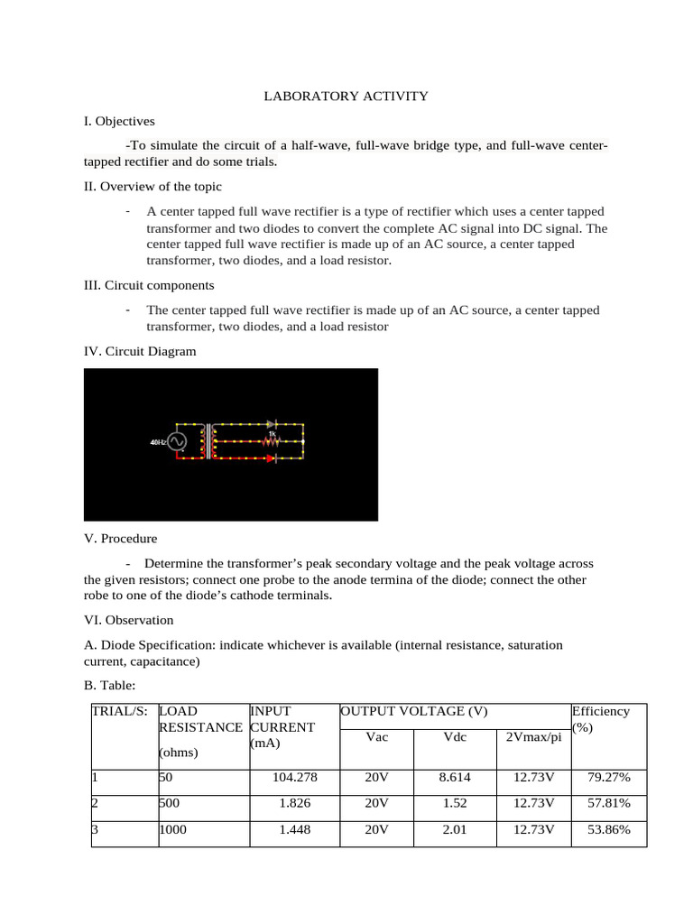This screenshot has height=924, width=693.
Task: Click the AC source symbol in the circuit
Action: (175, 442)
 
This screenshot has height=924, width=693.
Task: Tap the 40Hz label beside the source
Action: (157, 442)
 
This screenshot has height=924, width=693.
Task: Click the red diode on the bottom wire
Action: (270, 457)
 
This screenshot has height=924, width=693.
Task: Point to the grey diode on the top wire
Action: (270, 422)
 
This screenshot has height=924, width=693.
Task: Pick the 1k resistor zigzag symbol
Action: (271, 441)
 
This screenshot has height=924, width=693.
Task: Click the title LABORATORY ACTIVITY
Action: (346, 96)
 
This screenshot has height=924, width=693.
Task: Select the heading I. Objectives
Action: (119, 120)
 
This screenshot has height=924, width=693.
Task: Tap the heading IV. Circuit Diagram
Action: (139, 351)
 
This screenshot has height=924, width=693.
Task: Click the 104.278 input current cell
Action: (294, 777)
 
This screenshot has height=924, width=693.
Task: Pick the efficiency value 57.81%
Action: (608, 803)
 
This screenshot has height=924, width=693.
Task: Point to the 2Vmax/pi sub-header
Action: (532, 737)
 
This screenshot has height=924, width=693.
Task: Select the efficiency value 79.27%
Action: (608, 777)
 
